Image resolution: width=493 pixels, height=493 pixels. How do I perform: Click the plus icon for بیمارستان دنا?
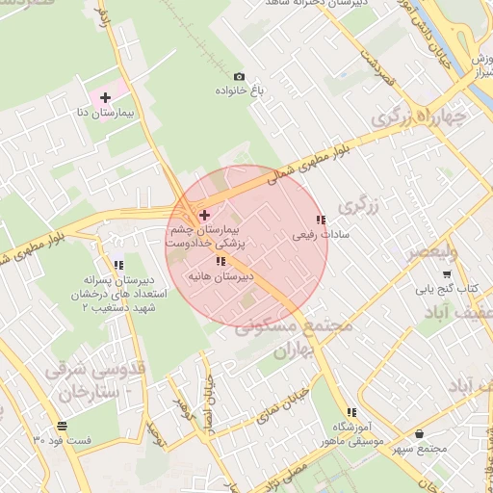click(105, 98)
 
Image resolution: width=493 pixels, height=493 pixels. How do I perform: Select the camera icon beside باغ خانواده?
click(240, 76)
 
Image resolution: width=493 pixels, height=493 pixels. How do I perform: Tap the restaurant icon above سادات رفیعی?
click(321, 220)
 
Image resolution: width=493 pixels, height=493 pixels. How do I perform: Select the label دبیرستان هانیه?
click(221, 275)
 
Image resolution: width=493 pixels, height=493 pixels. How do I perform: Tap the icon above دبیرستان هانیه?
click(221, 261)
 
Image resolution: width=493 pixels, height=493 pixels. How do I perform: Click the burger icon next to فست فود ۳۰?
click(62, 426)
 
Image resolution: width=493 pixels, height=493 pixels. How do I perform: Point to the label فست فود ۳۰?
click(63, 440)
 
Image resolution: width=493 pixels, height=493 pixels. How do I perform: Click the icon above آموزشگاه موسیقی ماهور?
click(350, 412)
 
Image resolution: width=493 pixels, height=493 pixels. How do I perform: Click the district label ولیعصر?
click(423, 253)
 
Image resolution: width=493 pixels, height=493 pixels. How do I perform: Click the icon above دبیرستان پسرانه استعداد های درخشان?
click(118, 265)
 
